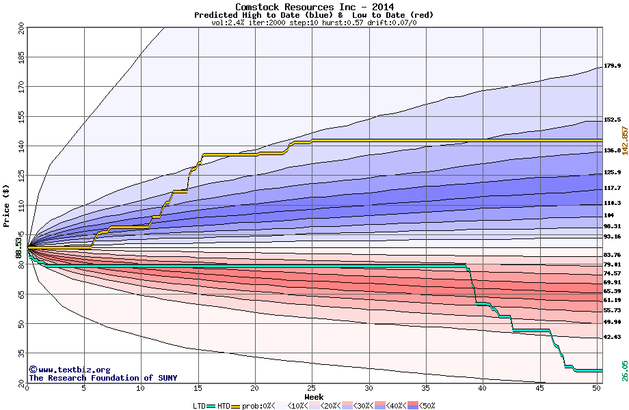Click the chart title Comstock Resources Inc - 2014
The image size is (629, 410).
point(314,7)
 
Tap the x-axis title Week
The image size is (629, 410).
point(314,397)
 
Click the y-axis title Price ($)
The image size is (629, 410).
point(7,206)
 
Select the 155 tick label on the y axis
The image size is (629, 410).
point(21,117)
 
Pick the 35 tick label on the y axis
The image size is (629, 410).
point(21,353)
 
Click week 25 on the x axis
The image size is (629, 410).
point(312,388)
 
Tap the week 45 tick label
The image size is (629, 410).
point(539,388)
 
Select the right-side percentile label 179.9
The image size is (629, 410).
point(612,66)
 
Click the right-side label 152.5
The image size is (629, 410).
point(612,120)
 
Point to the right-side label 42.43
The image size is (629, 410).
point(612,337)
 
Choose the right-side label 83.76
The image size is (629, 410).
point(612,255)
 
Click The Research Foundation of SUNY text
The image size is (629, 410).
point(103,378)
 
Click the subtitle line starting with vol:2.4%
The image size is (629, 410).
point(314,23)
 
